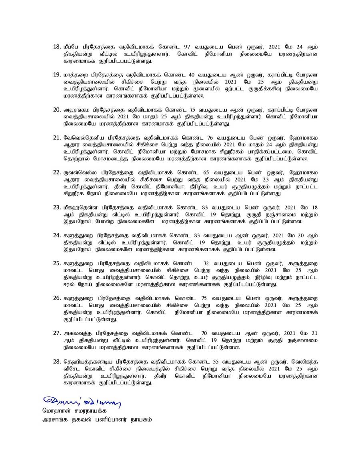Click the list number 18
pyautogui.click(x=56, y=47)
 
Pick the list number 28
pyautogui.click(x=56, y=362)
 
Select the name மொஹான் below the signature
pyautogui.click(x=56, y=411)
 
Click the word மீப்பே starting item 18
pyautogui.click(x=72, y=47)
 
